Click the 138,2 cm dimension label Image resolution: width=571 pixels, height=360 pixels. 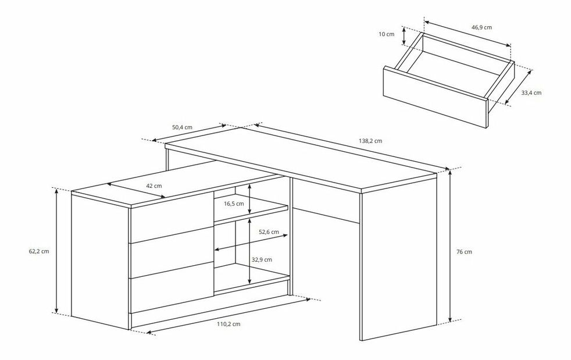(370, 141)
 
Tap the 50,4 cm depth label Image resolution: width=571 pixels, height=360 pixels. (182, 127)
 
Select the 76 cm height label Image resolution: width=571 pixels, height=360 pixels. (464, 252)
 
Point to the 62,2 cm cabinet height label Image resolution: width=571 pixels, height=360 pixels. (39, 251)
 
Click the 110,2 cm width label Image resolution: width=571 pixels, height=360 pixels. (229, 324)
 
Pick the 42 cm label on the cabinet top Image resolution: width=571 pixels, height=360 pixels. (154, 186)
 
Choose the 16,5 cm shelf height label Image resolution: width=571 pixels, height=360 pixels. (234, 204)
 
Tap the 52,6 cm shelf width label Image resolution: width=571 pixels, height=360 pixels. (269, 231)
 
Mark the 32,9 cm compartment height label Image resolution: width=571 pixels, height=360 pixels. (262, 260)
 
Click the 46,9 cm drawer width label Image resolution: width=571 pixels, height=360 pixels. (481, 27)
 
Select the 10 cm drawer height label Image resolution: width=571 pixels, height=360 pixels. (386, 34)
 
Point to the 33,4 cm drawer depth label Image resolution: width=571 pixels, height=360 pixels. (531, 92)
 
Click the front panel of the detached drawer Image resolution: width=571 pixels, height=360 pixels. (436, 97)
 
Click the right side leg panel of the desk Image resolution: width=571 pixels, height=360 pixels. (398, 257)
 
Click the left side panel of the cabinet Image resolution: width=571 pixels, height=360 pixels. (101, 262)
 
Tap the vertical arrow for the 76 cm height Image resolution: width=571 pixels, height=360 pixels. (451, 246)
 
